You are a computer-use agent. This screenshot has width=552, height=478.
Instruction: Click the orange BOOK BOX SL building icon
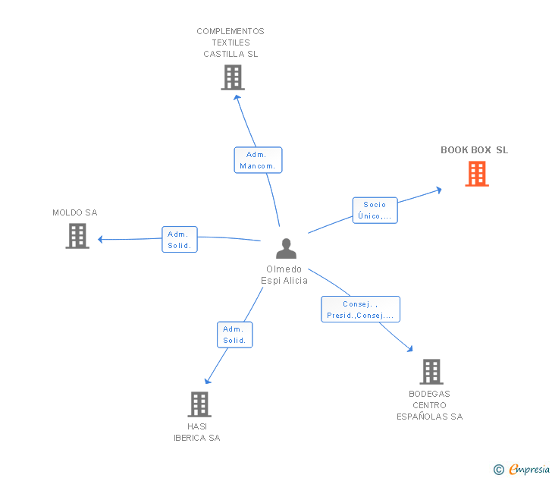coord(477,174)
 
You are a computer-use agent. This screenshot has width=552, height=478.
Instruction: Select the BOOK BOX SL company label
coord(474,150)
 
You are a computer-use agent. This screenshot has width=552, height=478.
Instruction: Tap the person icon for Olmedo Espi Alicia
coord(286,248)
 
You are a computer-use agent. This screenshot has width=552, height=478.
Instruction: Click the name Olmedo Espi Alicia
coord(284,275)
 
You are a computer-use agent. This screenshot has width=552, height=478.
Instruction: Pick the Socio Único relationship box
coord(375,210)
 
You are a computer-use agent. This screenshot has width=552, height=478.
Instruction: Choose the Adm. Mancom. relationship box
coord(258,160)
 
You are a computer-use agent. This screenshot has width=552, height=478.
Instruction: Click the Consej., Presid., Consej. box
coord(360,310)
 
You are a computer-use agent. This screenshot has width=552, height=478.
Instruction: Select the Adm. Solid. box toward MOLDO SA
coord(180,240)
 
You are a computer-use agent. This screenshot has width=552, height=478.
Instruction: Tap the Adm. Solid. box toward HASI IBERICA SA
coord(235,335)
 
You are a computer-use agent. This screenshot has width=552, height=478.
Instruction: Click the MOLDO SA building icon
coord(77,236)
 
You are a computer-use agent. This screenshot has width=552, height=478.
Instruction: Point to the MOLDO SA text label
coord(75,212)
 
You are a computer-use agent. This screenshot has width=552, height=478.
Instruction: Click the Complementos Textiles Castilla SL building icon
coord(233,77)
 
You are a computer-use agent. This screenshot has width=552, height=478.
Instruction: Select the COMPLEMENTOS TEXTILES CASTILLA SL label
coord(231,42)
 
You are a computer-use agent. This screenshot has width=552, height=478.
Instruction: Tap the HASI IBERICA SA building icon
coord(199,404)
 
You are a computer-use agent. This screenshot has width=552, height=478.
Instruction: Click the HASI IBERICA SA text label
coord(197,432)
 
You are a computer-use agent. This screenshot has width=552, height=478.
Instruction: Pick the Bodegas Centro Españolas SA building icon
coord(431,372)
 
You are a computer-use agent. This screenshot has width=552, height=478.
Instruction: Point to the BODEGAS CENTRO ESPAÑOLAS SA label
coord(429,405)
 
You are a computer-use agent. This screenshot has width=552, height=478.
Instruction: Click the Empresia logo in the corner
coord(522,469)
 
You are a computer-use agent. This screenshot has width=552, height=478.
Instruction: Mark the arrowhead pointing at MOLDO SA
coord(100,240)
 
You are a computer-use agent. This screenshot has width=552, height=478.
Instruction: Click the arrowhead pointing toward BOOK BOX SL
coord(438,190)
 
